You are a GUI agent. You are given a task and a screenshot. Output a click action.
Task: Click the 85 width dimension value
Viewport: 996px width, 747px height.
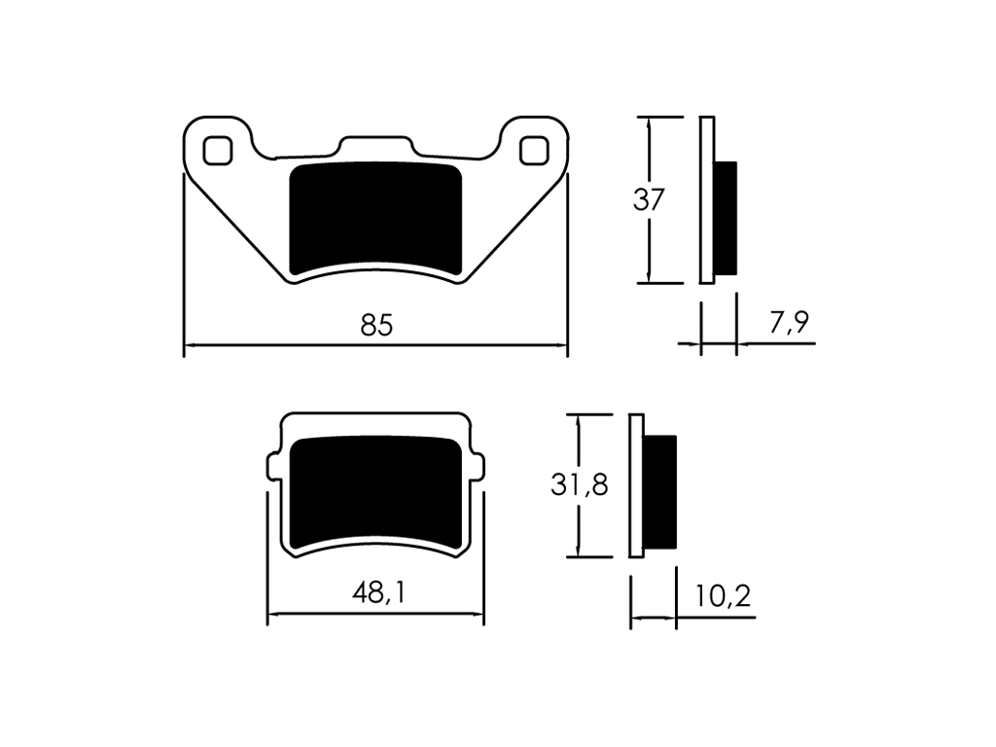click(376, 325)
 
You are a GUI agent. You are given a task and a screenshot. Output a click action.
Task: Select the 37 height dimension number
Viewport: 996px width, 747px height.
click(649, 200)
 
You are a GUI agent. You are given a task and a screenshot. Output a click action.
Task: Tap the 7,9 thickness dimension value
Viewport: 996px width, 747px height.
click(790, 323)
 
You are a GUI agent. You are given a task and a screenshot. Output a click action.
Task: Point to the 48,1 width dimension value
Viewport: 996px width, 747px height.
click(378, 593)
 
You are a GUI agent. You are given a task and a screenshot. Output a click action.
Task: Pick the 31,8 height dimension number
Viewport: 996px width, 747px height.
click(580, 485)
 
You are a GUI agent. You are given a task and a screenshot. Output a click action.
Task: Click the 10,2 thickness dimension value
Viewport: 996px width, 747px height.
click(723, 596)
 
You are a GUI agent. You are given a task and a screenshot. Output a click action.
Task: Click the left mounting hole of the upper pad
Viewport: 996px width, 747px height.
click(217, 151)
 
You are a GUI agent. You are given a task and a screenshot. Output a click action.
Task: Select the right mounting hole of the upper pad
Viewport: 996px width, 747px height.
click(534, 151)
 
